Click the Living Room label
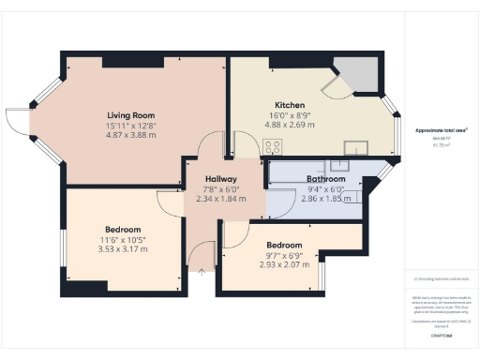coord(130,115)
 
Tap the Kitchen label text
coord(289,104)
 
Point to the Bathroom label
coord(326,178)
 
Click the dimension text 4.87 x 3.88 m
coord(130,135)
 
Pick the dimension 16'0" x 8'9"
coord(289,114)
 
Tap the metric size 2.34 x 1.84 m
coord(221,199)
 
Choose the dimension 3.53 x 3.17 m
coord(123,249)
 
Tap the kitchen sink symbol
coord(356,146)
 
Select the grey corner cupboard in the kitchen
coord(357,72)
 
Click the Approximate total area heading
coord(441,130)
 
